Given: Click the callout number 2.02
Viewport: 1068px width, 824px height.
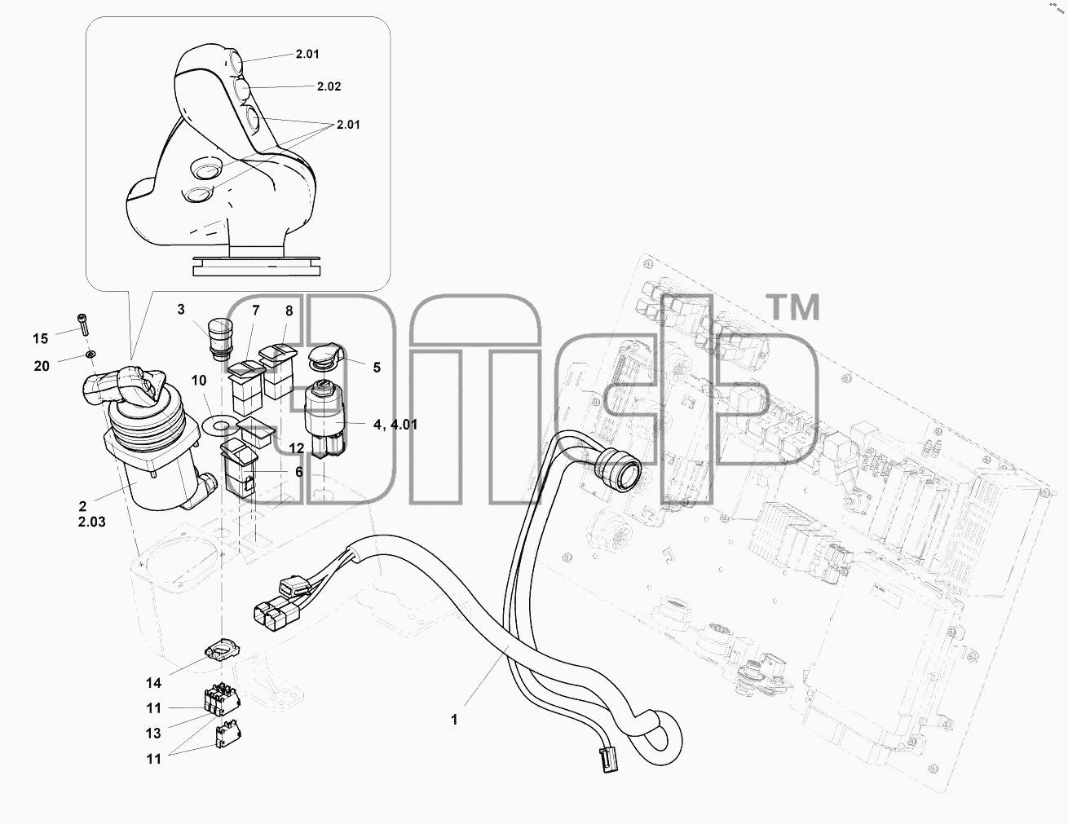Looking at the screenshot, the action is (329, 86).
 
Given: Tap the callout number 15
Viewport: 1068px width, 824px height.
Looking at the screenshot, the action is (40, 338).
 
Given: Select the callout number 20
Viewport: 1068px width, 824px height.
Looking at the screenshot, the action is (42, 366).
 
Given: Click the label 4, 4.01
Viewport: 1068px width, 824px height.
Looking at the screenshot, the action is (395, 425).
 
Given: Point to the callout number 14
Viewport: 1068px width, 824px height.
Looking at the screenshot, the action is (153, 683).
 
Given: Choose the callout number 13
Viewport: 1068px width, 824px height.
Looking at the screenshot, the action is (153, 734).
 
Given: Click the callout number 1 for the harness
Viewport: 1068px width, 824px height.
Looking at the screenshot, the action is (455, 720).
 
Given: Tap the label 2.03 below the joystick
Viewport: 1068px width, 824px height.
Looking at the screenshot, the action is (91, 522).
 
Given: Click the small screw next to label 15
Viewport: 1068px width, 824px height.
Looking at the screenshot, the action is (82, 324).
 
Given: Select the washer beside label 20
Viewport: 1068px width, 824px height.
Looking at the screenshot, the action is (90, 354).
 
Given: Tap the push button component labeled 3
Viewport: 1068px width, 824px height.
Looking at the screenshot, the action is (219, 338).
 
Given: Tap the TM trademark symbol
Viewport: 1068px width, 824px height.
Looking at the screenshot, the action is (792, 306).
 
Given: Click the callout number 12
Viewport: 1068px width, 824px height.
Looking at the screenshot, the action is (297, 448).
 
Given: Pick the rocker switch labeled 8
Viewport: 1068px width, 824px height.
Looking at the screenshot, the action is (279, 371).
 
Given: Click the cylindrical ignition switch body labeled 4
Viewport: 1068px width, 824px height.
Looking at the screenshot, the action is (325, 420).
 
